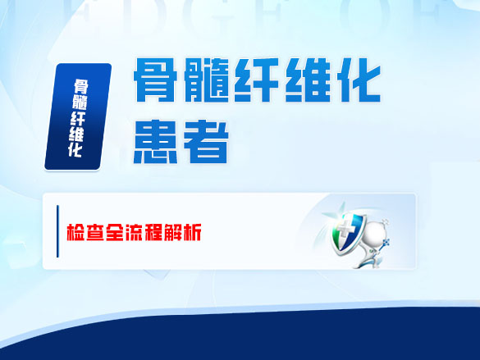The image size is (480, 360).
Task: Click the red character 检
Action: (75, 233)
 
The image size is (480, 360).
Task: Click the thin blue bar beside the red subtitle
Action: (57, 232)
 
